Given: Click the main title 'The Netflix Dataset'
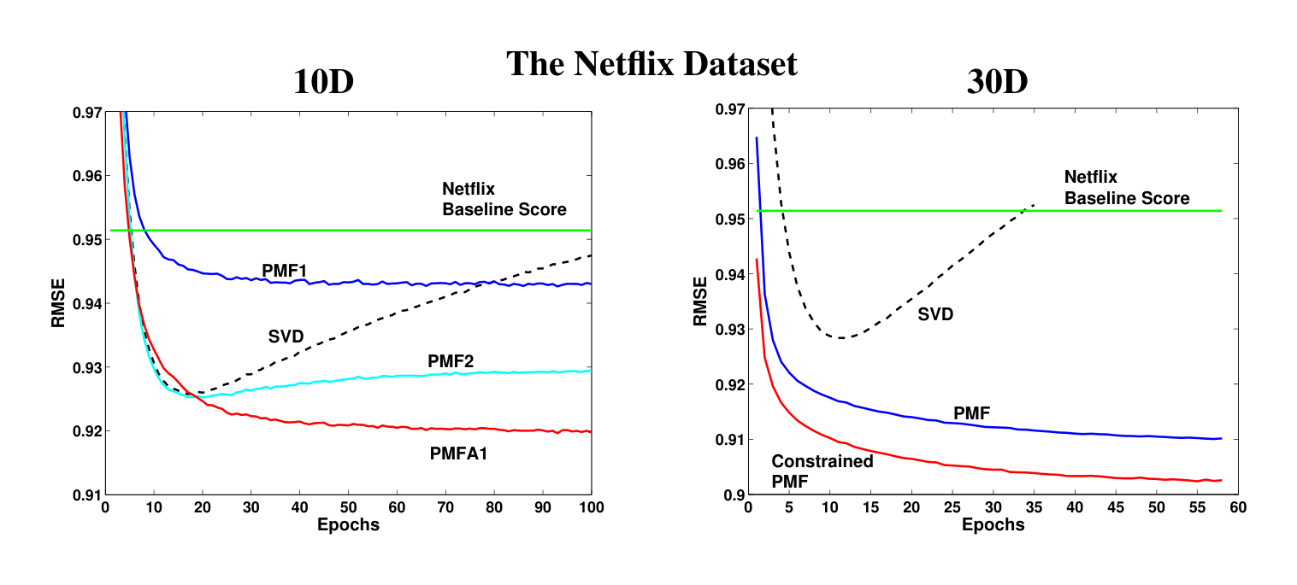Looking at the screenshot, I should pyautogui.click(x=651, y=64).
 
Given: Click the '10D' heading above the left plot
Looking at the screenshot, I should pyautogui.click(x=323, y=83).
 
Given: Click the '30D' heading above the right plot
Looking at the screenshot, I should pyautogui.click(x=996, y=83).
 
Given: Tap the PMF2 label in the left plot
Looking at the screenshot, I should pyautogui.click(x=451, y=362).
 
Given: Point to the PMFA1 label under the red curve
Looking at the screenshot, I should pyautogui.click(x=458, y=454).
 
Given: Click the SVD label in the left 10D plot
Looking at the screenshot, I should pyautogui.click(x=286, y=336).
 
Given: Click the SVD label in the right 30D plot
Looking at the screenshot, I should pyautogui.click(x=935, y=314).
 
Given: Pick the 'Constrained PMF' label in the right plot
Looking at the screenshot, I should pyautogui.click(x=822, y=471).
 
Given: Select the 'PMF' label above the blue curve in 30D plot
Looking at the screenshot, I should pyautogui.click(x=971, y=413).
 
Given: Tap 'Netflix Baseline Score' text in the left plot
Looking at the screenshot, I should pyautogui.click(x=504, y=199).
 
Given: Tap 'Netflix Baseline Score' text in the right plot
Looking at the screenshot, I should pyautogui.click(x=1126, y=188).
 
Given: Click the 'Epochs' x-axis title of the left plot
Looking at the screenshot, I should pyautogui.click(x=348, y=524).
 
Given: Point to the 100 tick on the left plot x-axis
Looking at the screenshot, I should pyautogui.click(x=591, y=507).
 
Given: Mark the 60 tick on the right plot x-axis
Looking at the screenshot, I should pyautogui.click(x=1237, y=507).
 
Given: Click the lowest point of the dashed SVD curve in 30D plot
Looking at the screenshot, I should pyautogui.click(x=843, y=338).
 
